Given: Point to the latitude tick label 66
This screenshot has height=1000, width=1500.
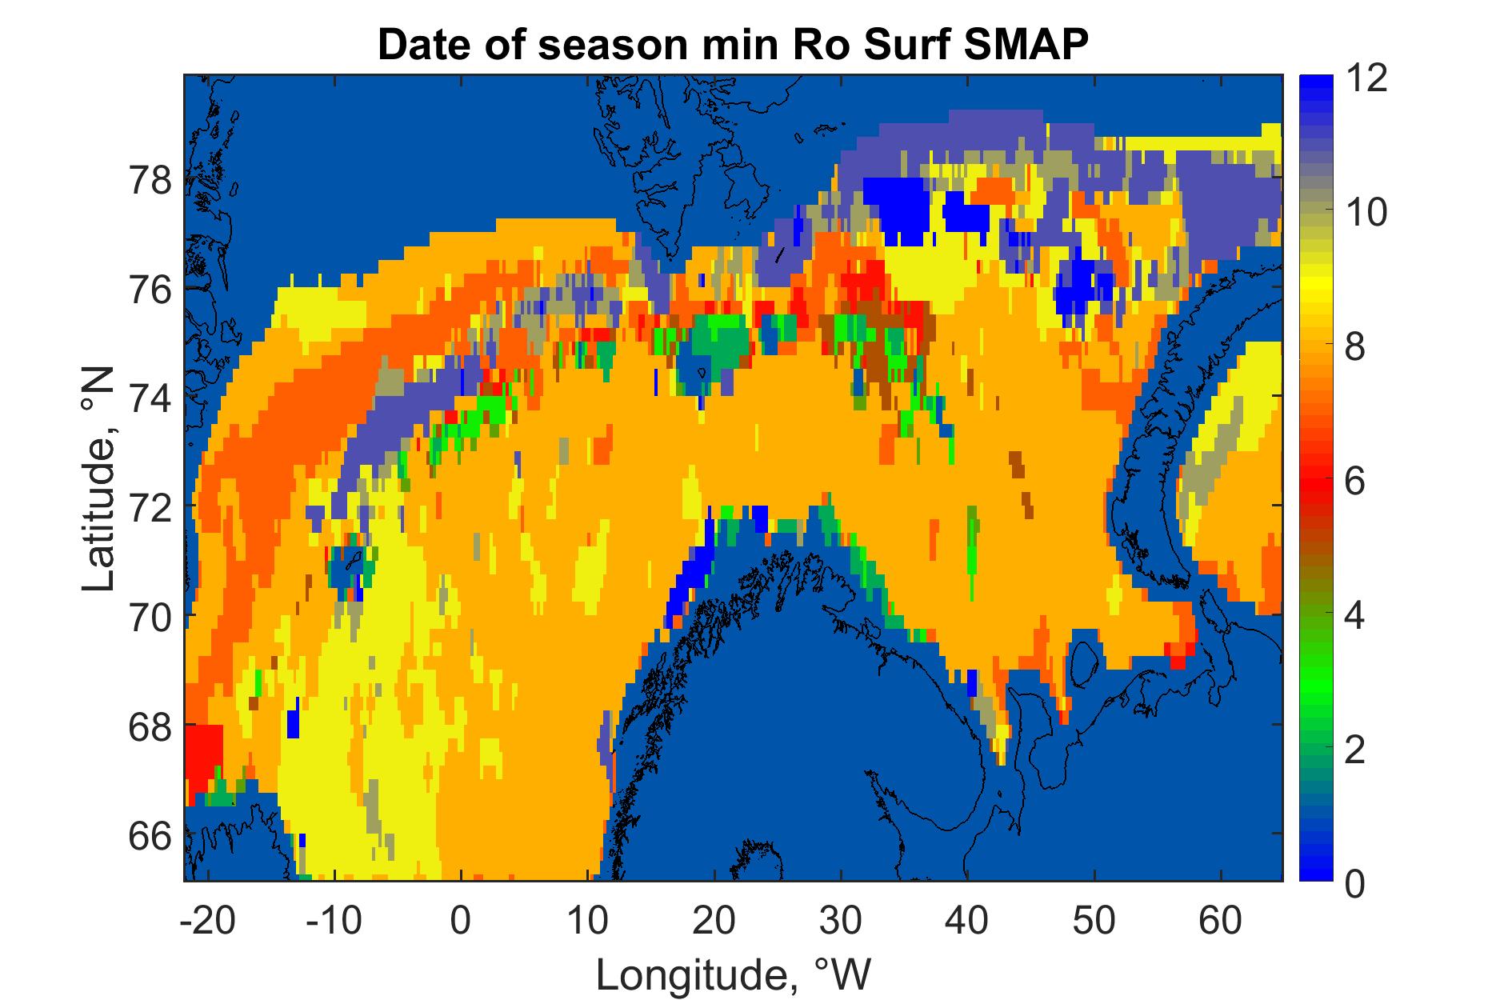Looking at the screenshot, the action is [x=150, y=838].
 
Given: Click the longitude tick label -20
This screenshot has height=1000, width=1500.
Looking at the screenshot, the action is [x=209, y=922].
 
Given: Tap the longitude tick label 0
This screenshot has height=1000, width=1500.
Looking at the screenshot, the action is [x=461, y=922].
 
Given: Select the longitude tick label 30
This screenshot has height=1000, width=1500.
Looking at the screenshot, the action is [x=841, y=922].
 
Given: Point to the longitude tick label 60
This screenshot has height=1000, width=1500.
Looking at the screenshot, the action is [x=1221, y=922].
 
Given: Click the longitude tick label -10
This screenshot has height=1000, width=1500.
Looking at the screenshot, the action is [x=334, y=922].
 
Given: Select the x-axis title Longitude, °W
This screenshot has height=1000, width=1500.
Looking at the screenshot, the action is [x=734, y=974].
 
